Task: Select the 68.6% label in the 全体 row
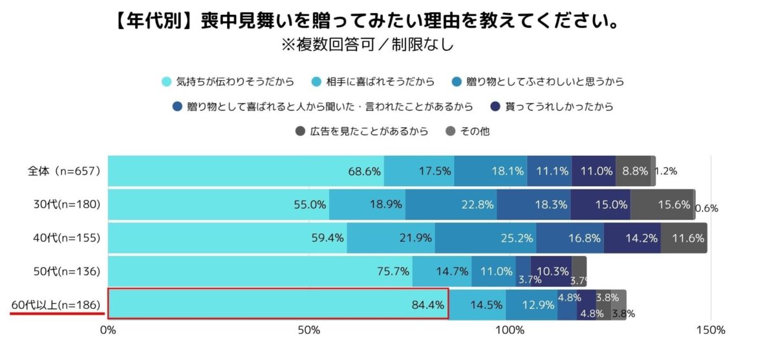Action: [x=364, y=171]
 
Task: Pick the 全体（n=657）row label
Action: [x=63, y=171]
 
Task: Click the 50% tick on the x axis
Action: [x=309, y=330]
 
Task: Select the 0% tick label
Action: [x=107, y=330]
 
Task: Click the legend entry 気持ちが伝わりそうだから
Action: [x=235, y=81]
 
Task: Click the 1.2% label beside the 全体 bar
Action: [x=665, y=171]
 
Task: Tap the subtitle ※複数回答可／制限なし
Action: [x=367, y=45]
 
